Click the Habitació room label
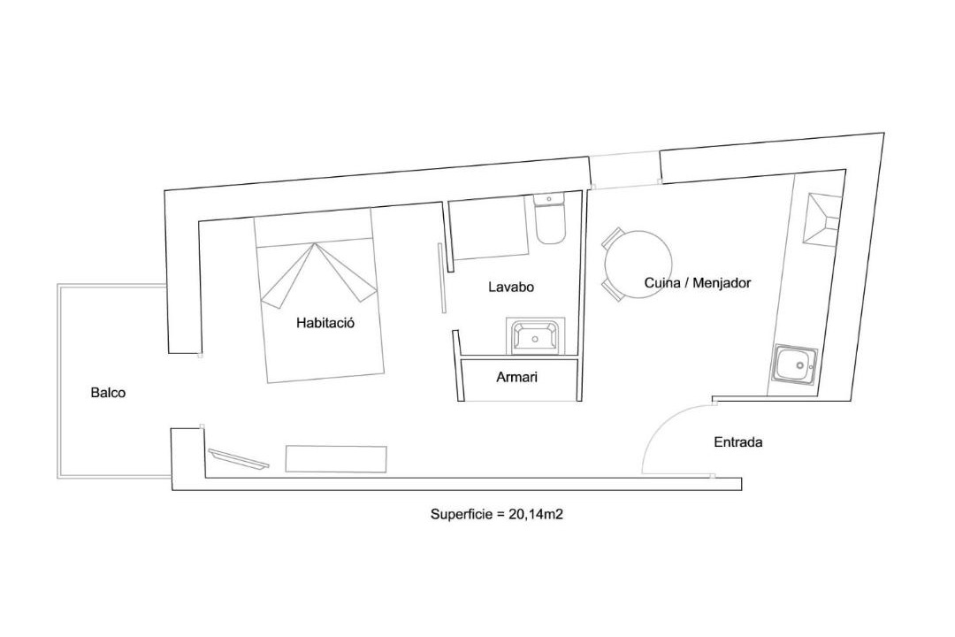[325, 322]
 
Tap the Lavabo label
[511, 287]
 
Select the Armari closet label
[516, 377]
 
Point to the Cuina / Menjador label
[698, 283]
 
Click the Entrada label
[738, 442]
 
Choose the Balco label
[109, 393]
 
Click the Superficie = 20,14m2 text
[496, 514]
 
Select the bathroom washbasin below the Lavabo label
[536, 336]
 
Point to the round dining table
[638, 265]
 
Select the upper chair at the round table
[612, 238]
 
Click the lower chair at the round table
[612, 291]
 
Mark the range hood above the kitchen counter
[823, 219]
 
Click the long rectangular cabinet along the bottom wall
[336, 458]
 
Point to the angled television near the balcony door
[239, 459]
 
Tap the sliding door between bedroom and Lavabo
[441, 278]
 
